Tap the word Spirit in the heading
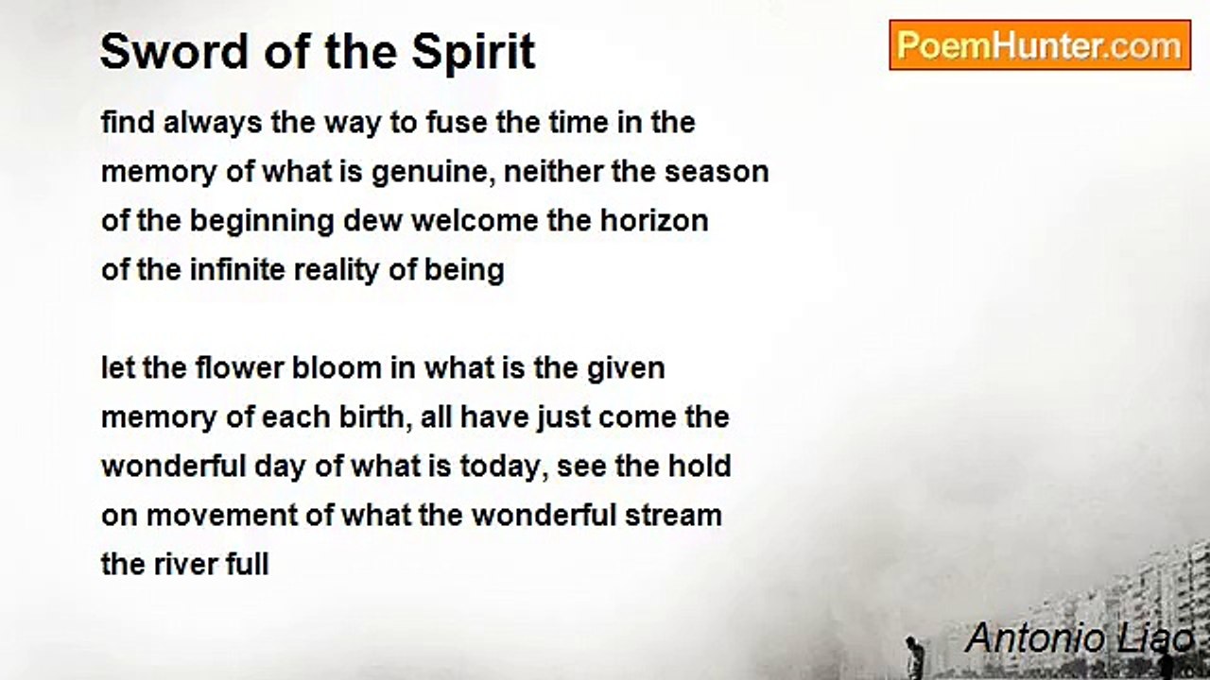[x=474, y=53]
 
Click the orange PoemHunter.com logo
[x=1040, y=45]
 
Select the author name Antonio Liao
[x=1079, y=638]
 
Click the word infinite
[x=237, y=270]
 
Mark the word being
[x=464, y=271]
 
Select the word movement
[x=221, y=516]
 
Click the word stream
[x=673, y=516]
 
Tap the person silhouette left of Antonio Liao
[x=913, y=656]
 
